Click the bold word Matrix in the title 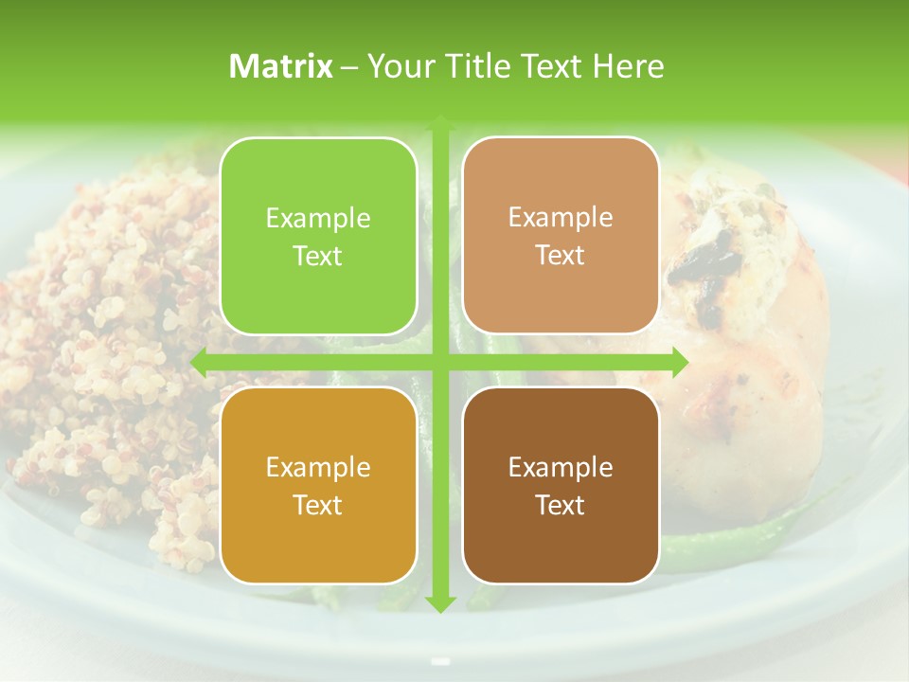(x=281, y=66)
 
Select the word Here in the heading (x=628, y=66)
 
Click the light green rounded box (x=318, y=237)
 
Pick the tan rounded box (x=561, y=237)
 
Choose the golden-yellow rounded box (x=318, y=485)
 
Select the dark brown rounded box (x=561, y=485)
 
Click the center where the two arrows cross (x=439, y=362)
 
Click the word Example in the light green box (x=318, y=219)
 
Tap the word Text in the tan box (x=561, y=256)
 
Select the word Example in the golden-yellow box (x=318, y=467)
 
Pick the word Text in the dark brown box (x=561, y=505)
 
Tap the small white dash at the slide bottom (x=439, y=660)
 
